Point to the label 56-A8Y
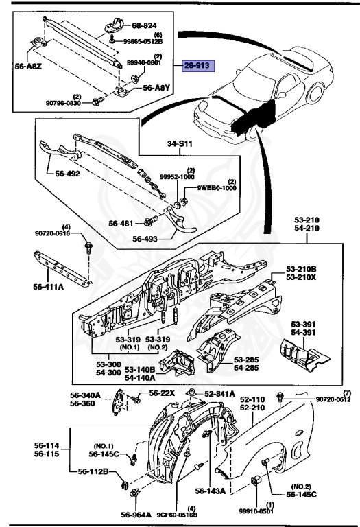pos(157,89)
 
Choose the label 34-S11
pos(181,144)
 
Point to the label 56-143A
pos(211,491)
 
